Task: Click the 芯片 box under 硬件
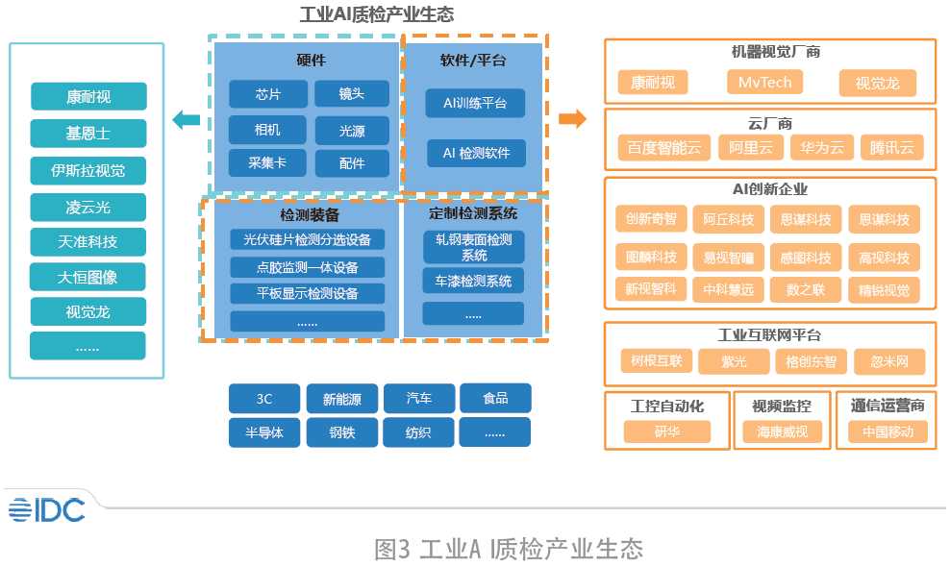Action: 267,94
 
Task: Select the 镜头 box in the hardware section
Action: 352,94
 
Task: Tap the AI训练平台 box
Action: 476,103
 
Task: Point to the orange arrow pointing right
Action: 572,119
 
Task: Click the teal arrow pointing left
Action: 186,120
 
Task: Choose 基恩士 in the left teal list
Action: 88,134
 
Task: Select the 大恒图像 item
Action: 88,277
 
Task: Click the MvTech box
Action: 764,83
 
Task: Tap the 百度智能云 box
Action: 662,147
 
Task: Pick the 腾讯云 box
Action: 891,147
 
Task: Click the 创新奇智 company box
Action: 650,219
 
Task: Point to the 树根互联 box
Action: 657,361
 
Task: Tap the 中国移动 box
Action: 887,432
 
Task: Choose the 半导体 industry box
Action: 264,432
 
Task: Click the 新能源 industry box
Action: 341,398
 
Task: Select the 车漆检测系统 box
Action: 473,282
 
